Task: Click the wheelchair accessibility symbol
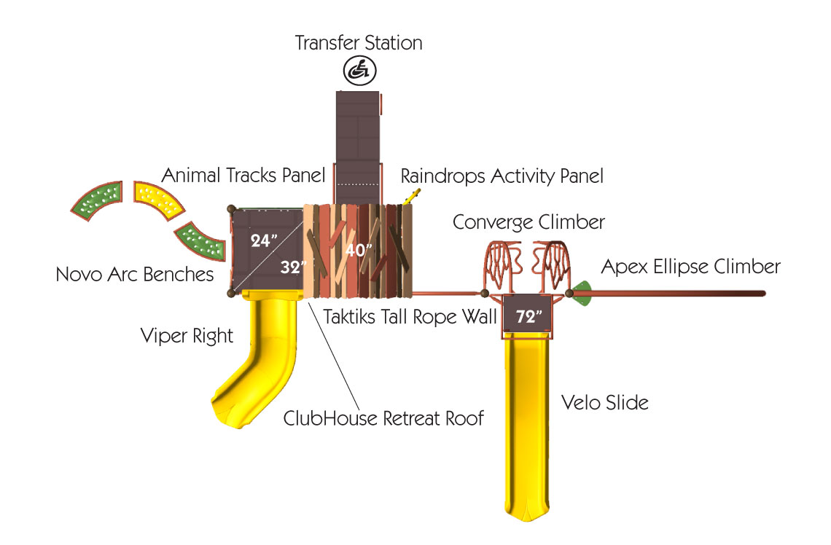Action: tap(359, 71)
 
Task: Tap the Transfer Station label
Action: tap(358, 43)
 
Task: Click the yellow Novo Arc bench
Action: tap(158, 201)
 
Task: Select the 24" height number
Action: tap(263, 240)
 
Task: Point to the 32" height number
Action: tap(293, 267)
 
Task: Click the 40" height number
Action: tap(358, 249)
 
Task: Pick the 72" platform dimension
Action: tap(528, 316)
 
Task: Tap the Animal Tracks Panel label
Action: tap(243, 176)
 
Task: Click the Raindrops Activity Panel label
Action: tap(502, 176)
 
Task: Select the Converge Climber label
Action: tap(528, 222)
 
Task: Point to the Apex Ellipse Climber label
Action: tap(690, 267)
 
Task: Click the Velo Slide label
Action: tap(605, 402)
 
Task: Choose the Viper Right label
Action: tap(187, 336)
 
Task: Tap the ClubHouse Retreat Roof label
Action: tap(383, 418)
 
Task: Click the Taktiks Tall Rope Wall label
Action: tap(410, 317)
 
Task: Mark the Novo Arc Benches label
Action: tap(135, 275)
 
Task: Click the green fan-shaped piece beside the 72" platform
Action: tap(582, 294)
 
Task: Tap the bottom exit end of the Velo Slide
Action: tap(527, 513)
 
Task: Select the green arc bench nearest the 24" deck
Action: tap(201, 241)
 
